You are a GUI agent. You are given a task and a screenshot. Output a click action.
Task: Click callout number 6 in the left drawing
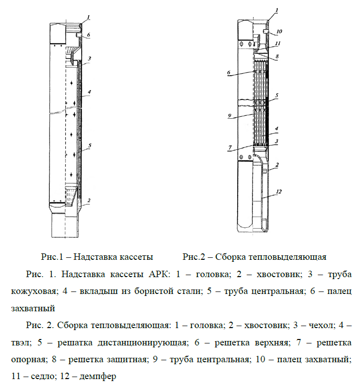pyautogui.click(x=88, y=35)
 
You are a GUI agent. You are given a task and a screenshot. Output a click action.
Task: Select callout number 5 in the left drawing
pyautogui.click(x=90, y=145)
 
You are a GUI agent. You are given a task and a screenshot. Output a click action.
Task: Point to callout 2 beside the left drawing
pyautogui.click(x=88, y=200)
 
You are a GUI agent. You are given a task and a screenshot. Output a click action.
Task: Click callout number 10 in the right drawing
pyautogui.click(x=279, y=31)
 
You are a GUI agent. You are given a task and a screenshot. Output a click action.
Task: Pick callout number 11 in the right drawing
pyautogui.click(x=279, y=44)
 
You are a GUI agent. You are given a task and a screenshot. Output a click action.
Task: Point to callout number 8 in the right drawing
pyautogui.click(x=277, y=56)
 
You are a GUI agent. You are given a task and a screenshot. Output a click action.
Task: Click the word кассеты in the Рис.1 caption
pyautogui.click(x=136, y=257)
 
